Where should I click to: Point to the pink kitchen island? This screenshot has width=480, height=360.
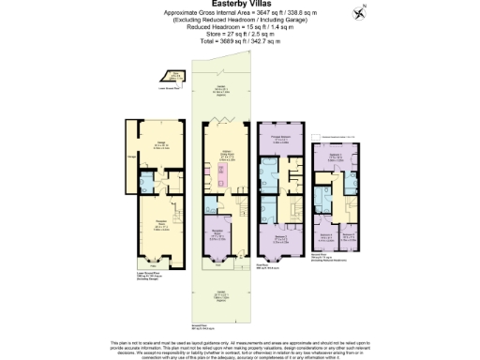226,177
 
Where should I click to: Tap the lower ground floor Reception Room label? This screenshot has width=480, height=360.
160,226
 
